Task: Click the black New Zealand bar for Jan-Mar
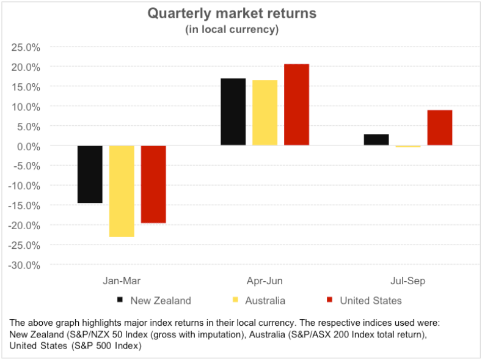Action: click(x=90, y=174)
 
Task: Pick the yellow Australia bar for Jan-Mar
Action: click(x=122, y=191)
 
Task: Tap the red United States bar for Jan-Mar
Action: click(x=153, y=184)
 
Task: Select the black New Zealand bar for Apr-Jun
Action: click(x=233, y=112)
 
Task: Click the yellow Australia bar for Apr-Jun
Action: click(x=265, y=113)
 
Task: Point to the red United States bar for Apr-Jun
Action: click(x=296, y=105)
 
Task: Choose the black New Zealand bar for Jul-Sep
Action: click(x=376, y=140)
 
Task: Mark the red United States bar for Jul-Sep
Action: click(x=439, y=128)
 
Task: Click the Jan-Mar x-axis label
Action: click(x=122, y=281)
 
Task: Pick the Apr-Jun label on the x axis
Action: click(x=265, y=281)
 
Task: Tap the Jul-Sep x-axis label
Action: click(x=407, y=281)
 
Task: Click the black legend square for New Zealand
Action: click(x=120, y=300)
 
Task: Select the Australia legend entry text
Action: click(x=265, y=300)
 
